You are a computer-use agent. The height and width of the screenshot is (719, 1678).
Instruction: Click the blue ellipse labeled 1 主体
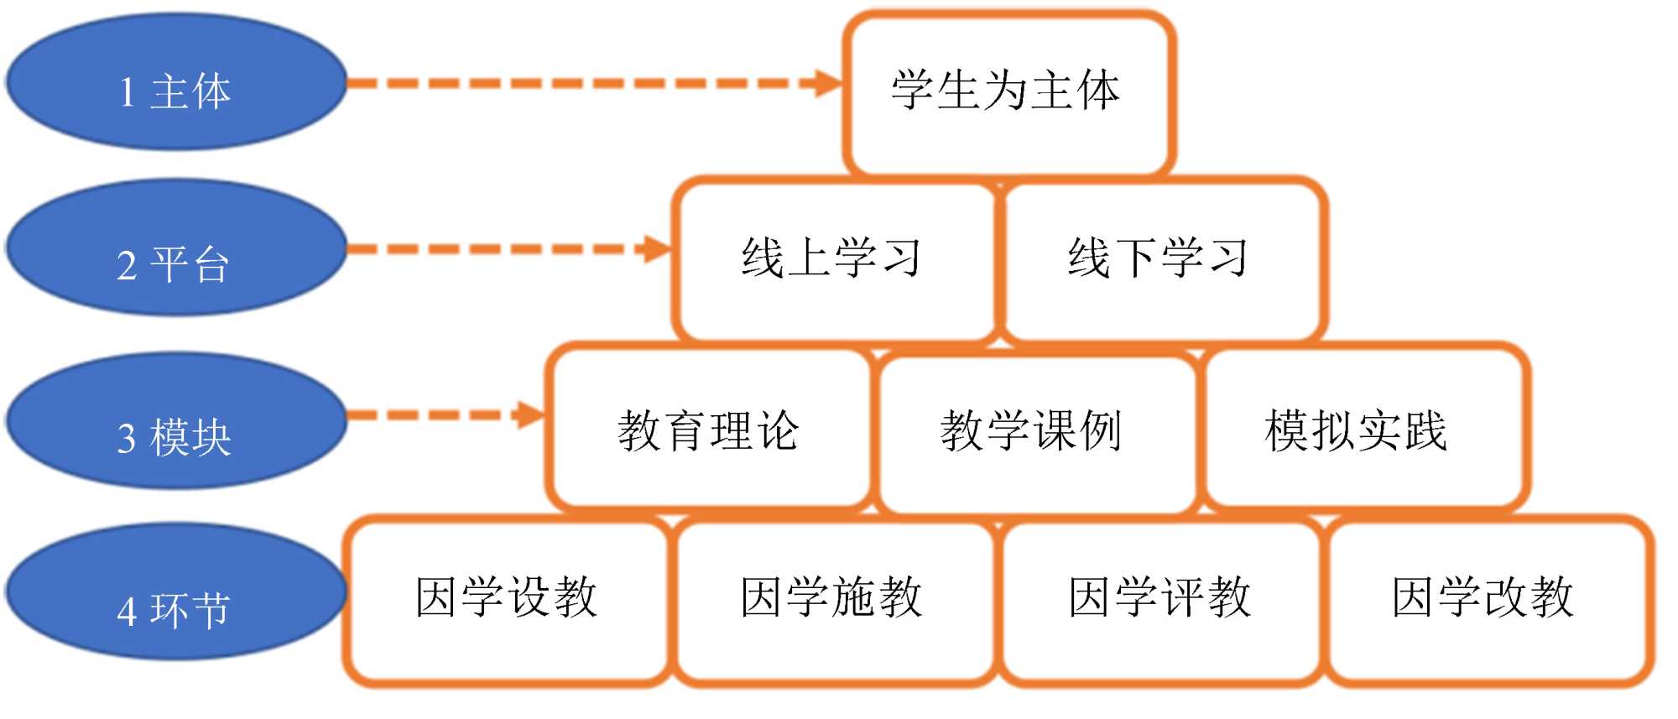coord(176,81)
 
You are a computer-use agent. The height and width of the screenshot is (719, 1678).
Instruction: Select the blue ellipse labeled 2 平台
coord(176,247)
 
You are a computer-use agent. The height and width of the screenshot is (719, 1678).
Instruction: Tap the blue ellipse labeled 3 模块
coord(176,419)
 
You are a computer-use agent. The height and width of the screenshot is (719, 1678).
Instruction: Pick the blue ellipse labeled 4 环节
coord(176,591)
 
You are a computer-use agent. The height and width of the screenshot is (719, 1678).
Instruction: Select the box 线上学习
coord(833,258)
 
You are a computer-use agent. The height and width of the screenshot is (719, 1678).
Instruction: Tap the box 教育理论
coord(709,430)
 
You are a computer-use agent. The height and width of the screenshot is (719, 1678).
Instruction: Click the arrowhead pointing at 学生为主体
coord(826,83)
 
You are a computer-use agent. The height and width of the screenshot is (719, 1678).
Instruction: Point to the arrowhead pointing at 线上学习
coord(656,248)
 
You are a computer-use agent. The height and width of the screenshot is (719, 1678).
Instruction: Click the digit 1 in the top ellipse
coord(127,92)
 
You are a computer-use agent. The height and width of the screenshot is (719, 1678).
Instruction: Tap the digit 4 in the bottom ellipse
coord(127,612)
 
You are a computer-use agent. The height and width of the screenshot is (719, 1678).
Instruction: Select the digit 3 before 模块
coord(127,439)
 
